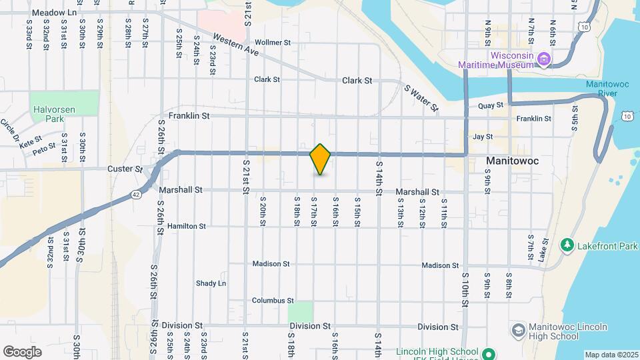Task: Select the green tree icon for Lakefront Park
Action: pyautogui.click(x=567, y=245)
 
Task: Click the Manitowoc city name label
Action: pyautogui.click(x=512, y=161)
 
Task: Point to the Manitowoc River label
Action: pyautogui.click(x=607, y=89)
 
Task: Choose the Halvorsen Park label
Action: pyautogui.click(x=47, y=114)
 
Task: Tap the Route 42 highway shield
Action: pyautogui.click(x=135, y=194)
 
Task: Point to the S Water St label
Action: pyautogui.click(x=421, y=97)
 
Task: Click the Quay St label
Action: pyautogui.click(x=490, y=105)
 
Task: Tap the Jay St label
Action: pyautogui.click(x=482, y=137)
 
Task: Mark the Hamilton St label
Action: pyautogui.click(x=187, y=226)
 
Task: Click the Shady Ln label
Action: pyautogui.click(x=211, y=283)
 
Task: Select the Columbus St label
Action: pyautogui.click(x=273, y=301)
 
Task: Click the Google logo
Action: pyautogui.click(x=22, y=351)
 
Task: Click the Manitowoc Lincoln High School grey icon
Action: pyautogui.click(x=518, y=331)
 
